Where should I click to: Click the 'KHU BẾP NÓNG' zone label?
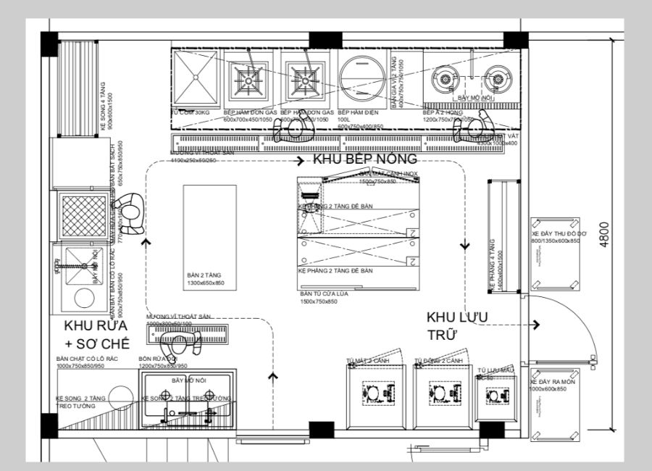pos(364,159)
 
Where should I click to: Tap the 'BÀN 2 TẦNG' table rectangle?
pos(209,238)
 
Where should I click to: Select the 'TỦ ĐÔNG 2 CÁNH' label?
pos(438,360)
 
